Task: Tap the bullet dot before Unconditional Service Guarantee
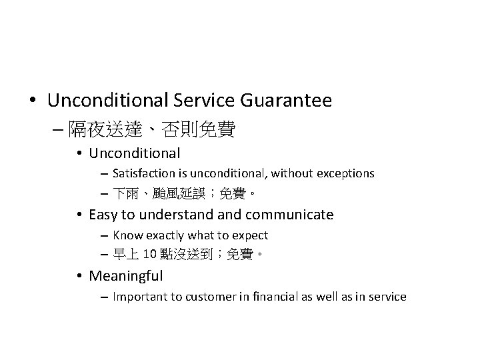(x=33, y=101)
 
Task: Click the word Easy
(x=102, y=215)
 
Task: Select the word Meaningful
(x=125, y=275)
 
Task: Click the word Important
(x=138, y=297)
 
